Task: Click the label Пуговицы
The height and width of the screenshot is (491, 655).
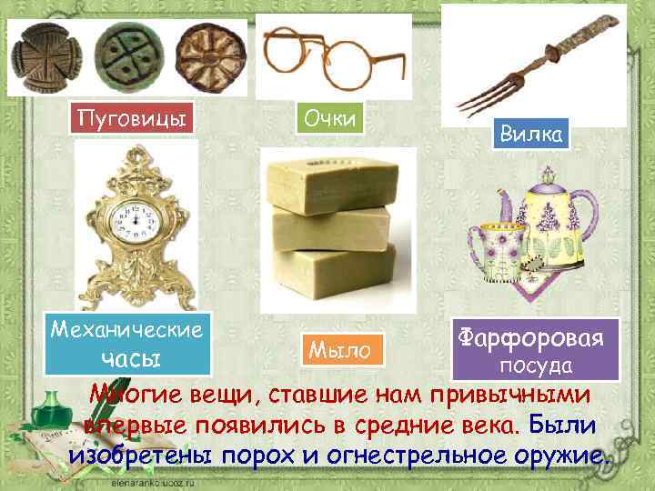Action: [x=136, y=118]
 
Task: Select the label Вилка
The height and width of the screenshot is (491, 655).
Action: [x=532, y=135]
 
